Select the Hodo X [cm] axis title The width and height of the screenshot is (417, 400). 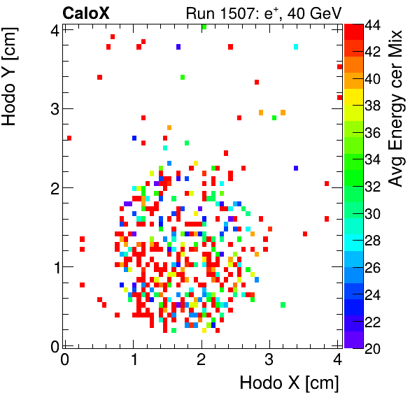(289, 383)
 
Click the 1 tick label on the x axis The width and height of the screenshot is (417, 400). (134, 359)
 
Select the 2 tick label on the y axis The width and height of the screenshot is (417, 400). (53, 187)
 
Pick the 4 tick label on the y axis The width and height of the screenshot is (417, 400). (53, 29)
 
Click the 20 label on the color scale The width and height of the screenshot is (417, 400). (373, 347)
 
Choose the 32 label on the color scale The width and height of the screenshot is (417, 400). (373, 187)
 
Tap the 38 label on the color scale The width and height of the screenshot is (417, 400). (373, 106)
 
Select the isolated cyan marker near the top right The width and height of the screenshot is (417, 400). (296, 47)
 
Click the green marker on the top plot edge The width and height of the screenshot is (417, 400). (204, 27)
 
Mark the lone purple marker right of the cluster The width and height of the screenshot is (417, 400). (296, 168)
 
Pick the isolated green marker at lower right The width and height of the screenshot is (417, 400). (283, 305)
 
